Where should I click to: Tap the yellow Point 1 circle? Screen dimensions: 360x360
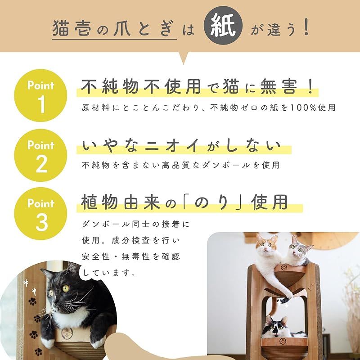pyautogui.click(x=41, y=95)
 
